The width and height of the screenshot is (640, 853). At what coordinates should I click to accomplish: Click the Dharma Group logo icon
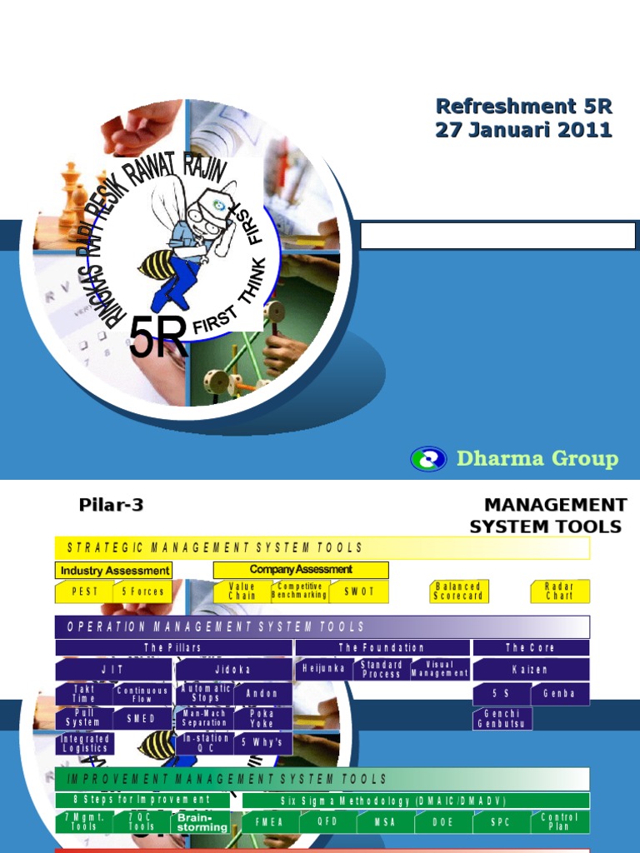pyautogui.click(x=428, y=459)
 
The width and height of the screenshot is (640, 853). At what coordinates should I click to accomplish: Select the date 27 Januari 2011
pyautogui.click(x=523, y=130)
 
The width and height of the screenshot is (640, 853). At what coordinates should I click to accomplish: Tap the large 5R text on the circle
pyautogui.click(x=158, y=338)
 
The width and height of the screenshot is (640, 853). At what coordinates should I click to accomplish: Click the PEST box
pyautogui.click(x=83, y=591)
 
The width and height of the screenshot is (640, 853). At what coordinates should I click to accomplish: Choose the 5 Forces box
pyautogui.click(x=142, y=591)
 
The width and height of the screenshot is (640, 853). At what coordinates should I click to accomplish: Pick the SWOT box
pyautogui.click(x=358, y=591)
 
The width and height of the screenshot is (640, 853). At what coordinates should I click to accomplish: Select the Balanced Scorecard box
pyautogui.click(x=458, y=591)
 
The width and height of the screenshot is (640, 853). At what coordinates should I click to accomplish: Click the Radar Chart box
pyautogui.click(x=560, y=591)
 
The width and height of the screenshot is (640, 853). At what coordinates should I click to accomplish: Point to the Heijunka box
pyautogui.click(x=324, y=669)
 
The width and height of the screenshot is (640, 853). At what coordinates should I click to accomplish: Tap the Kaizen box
pyautogui.click(x=530, y=669)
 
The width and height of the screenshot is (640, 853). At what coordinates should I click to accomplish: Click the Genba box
pyautogui.click(x=559, y=694)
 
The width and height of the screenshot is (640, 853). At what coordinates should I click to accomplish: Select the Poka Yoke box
pyautogui.click(x=262, y=719)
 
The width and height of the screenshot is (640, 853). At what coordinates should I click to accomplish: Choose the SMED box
pyautogui.click(x=142, y=719)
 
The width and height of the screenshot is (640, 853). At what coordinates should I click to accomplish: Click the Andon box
pyautogui.click(x=262, y=694)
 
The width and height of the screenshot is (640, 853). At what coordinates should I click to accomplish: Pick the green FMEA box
pyautogui.click(x=268, y=822)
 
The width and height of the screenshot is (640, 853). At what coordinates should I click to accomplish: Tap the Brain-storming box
pyautogui.click(x=202, y=822)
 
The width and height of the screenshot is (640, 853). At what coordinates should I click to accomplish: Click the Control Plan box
pyautogui.click(x=559, y=822)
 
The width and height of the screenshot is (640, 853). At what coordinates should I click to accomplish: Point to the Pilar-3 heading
pyautogui.click(x=105, y=505)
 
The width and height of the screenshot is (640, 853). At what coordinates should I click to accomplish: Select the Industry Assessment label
pyautogui.click(x=114, y=571)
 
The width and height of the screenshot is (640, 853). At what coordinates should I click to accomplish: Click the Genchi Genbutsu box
pyautogui.click(x=502, y=719)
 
